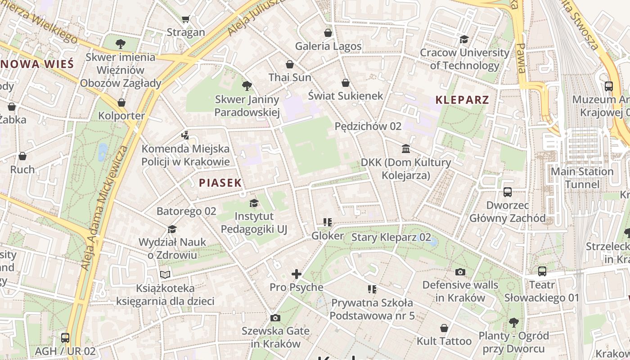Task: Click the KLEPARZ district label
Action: (x=462, y=100)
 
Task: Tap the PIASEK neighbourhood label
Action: (x=220, y=183)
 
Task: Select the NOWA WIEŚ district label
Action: (x=37, y=64)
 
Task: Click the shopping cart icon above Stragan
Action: (x=185, y=19)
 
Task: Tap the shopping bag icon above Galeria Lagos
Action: (x=328, y=33)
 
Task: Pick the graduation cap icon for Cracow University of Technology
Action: (x=464, y=39)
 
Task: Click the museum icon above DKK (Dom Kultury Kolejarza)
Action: (x=406, y=149)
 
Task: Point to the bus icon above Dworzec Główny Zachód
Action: (x=508, y=192)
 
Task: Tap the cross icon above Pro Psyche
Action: (x=297, y=274)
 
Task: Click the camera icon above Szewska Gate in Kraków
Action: (x=275, y=318)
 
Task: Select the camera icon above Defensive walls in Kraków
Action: (x=460, y=272)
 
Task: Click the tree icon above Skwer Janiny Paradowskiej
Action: (x=247, y=85)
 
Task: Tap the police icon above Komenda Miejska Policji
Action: (x=185, y=135)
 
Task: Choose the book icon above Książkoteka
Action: (x=165, y=274)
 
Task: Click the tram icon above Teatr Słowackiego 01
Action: (x=542, y=271)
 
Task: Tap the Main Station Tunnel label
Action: (x=582, y=178)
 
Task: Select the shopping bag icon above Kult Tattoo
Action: (x=444, y=328)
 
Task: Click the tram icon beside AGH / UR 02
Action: (x=65, y=337)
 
